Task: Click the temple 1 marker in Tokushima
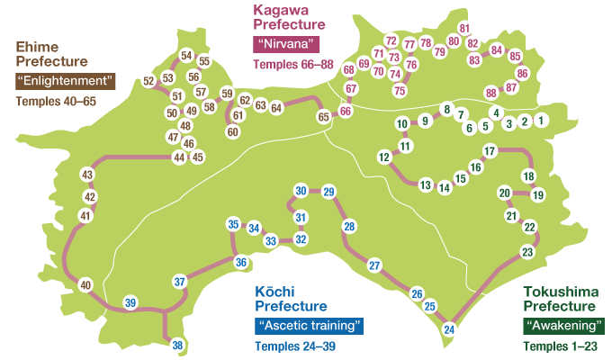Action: [x=541, y=120]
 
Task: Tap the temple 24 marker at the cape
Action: [x=449, y=329]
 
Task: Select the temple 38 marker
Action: [x=178, y=346]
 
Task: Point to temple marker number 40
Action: [x=85, y=285]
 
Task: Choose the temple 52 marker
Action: [x=149, y=82]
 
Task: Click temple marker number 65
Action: [x=323, y=116]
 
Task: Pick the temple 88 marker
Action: [x=490, y=93]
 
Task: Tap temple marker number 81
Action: [x=464, y=28]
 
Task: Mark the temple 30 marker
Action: [x=301, y=190]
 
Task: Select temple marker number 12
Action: [x=384, y=157]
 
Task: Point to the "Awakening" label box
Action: [x=564, y=325]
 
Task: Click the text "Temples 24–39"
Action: [x=295, y=346]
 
